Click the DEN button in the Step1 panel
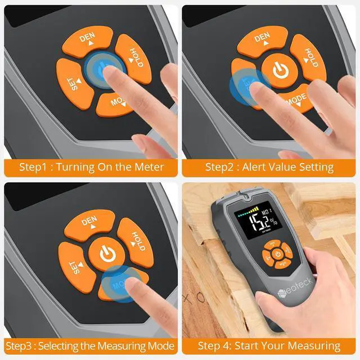coord(87,41)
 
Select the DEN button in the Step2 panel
coord(262,41)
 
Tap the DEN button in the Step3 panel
coord(89,223)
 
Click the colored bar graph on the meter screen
coord(247,210)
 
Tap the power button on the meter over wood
coord(278,254)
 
